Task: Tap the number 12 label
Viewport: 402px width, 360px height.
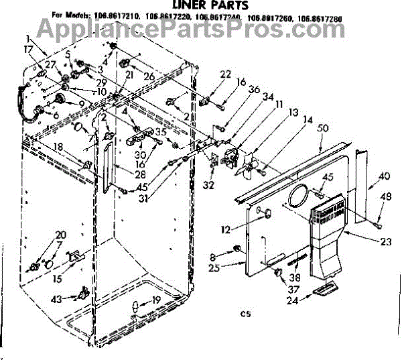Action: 226,229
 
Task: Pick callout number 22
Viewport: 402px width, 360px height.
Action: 224,74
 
